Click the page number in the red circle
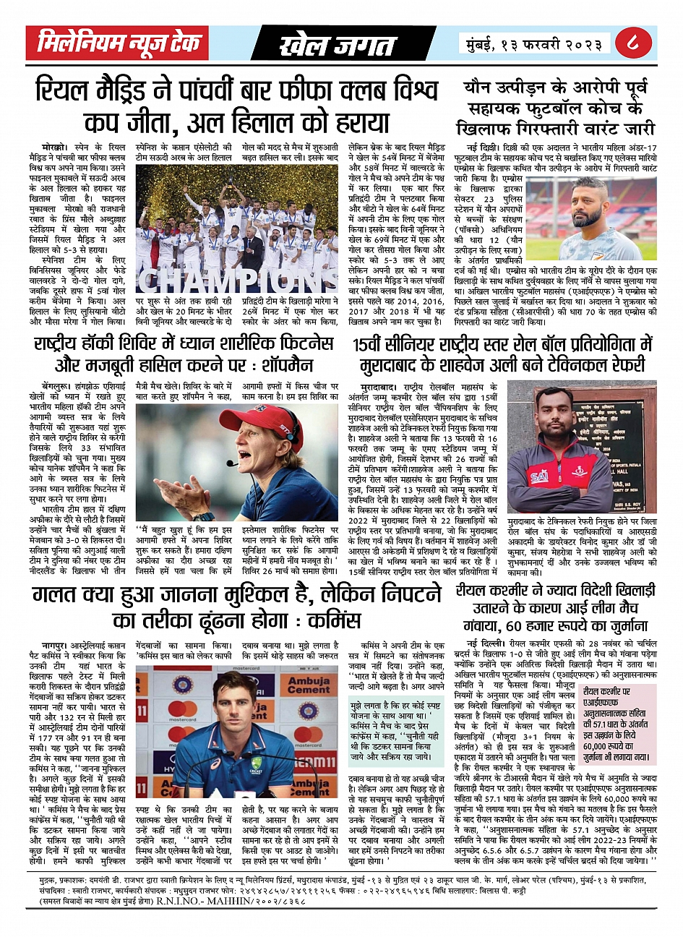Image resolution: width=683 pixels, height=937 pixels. [x=633, y=45]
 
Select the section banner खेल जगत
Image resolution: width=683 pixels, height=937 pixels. [x=337, y=45]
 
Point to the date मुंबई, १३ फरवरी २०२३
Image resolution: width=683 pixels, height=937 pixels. [x=533, y=45]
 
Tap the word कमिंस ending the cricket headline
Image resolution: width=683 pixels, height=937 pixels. [x=333, y=619]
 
